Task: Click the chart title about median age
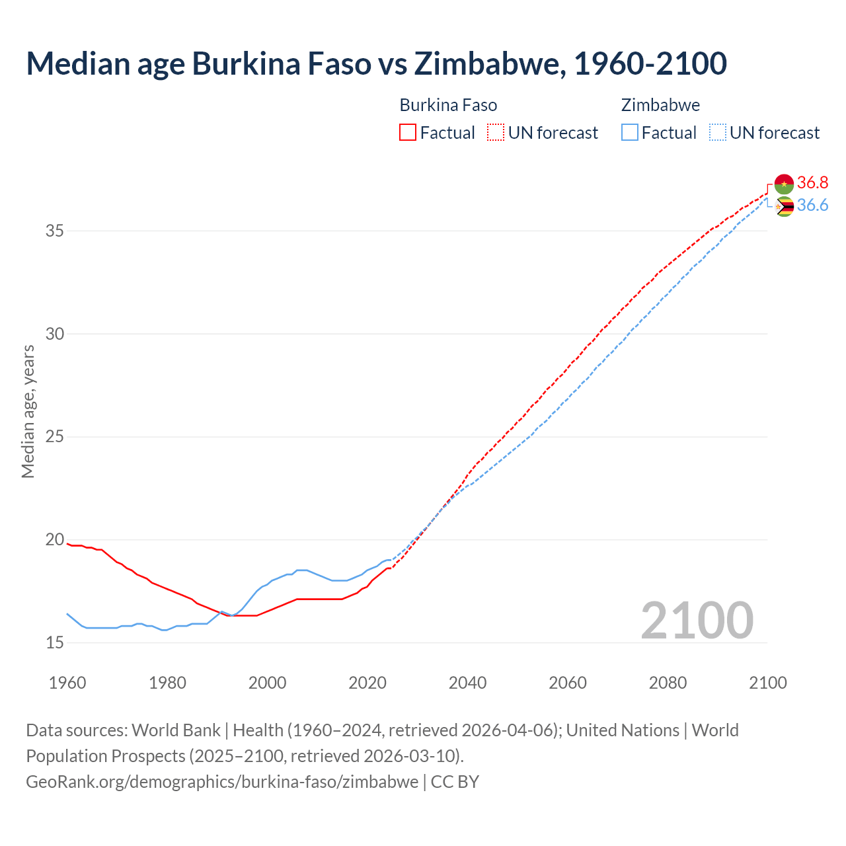click(x=376, y=63)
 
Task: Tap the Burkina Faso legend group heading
click(x=448, y=105)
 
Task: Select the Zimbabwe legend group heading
click(x=660, y=105)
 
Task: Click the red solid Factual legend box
click(x=408, y=132)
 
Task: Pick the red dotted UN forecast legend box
click(x=496, y=132)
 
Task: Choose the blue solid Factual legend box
click(x=630, y=132)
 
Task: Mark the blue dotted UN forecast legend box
click(x=717, y=132)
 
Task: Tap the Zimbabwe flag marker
click(x=784, y=207)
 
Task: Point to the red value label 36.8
click(x=812, y=183)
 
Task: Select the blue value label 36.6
click(x=812, y=206)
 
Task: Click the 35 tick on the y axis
click(x=55, y=231)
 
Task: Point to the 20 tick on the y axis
click(x=55, y=540)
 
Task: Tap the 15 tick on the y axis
click(x=55, y=642)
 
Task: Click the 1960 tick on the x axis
click(x=67, y=683)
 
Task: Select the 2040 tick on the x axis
click(x=467, y=683)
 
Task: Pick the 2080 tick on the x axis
click(x=668, y=683)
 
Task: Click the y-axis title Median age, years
click(x=28, y=411)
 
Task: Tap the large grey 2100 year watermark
click(x=697, y=620)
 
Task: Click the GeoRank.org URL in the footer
click(x=222, y=782)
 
